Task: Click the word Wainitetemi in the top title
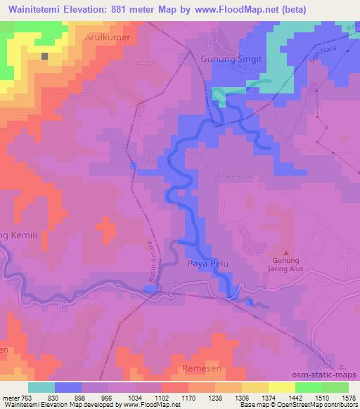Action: tap(36, 9)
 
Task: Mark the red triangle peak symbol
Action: tap(285, 252)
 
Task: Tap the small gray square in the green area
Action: tap(45, 56)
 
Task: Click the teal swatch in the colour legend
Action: tap(41, 387)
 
